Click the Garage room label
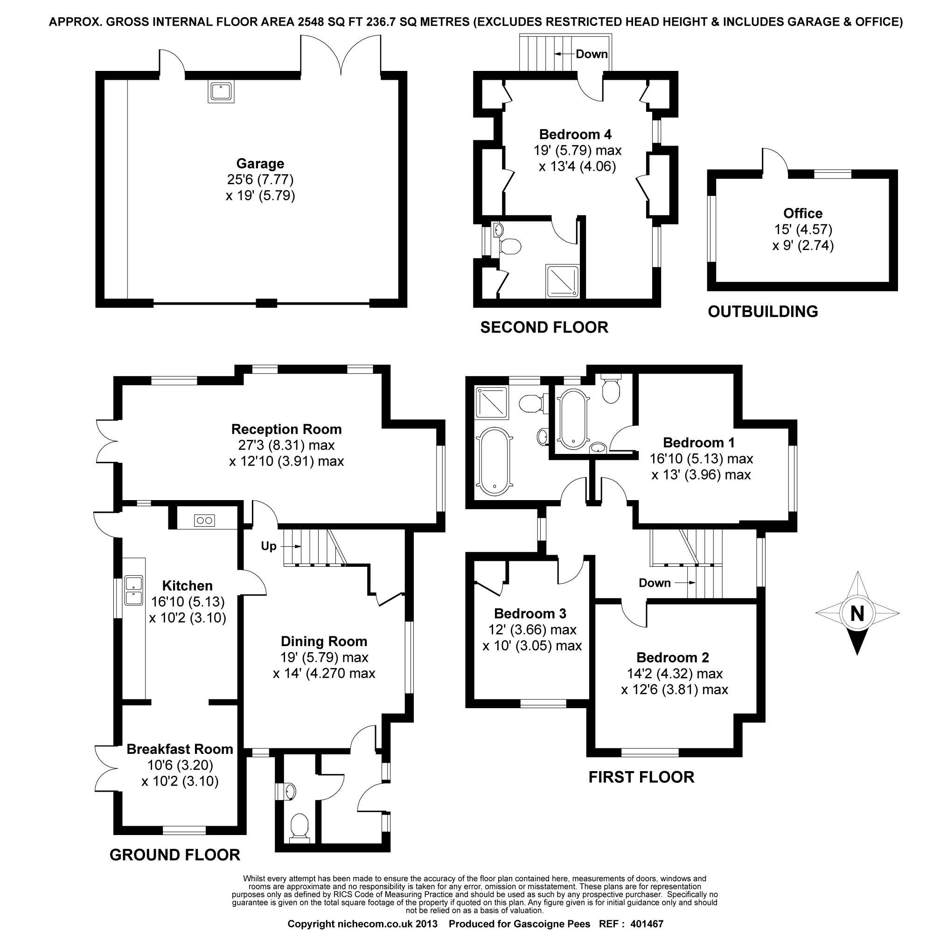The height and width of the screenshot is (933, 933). (260, 163)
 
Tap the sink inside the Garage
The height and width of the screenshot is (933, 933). (221, 91)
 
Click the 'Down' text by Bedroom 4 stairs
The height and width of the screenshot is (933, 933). (592, 54)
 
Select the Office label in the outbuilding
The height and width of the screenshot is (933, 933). (802, 213)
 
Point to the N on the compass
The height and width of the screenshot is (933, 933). (857, 613)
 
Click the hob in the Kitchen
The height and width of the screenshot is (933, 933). (204, 520)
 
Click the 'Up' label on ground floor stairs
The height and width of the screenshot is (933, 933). (269, 546)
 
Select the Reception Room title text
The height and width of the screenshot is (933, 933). (286, 429)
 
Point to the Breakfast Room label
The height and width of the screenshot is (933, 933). (180, 749)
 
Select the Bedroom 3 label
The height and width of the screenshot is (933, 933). (530, 613)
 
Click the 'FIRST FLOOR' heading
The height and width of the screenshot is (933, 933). (641, 777)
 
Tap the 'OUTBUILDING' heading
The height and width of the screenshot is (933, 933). (763, 312)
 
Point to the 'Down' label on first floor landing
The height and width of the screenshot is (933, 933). (654, 583)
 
